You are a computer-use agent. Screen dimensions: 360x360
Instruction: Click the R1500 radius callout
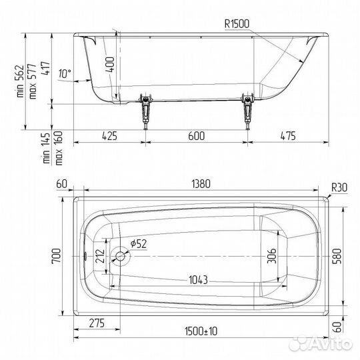(237, 24)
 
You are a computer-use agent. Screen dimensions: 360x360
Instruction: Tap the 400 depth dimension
(111, 65)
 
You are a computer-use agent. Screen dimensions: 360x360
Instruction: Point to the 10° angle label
(65, 73)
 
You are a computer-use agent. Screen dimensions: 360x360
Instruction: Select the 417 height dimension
(45, 68)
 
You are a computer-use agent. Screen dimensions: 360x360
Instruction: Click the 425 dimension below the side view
(109, 136)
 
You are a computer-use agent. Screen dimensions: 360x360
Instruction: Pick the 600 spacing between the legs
(196, 136)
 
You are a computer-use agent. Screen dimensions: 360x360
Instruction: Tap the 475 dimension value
(288, 136)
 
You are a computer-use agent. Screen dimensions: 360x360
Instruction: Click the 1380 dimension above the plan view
(201, 184)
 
